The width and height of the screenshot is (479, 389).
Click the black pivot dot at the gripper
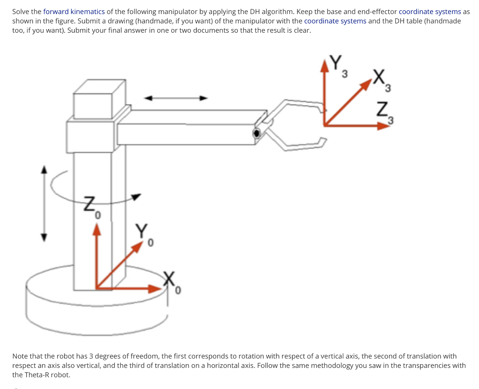pyautogui.click(x=256, y=133)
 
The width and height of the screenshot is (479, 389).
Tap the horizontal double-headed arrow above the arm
pyautogui.click(x=175, y=98)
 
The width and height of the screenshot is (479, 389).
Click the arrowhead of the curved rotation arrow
pyautogui.click(x=136, y=197)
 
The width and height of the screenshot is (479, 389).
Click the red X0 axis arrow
pyautogui.click(x=131, y=288)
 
